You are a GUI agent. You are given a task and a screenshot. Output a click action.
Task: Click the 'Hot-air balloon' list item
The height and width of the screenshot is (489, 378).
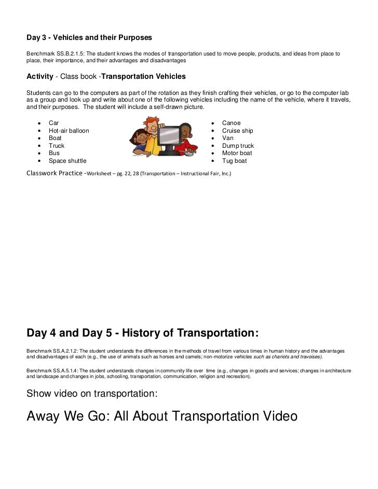point(69,131)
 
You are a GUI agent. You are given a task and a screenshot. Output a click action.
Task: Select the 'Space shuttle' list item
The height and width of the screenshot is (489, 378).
point(67,161)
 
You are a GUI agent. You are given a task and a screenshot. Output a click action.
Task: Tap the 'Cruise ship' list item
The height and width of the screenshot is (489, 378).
point(237,131)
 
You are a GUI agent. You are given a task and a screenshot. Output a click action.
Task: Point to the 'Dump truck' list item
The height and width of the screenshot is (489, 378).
point(238,146)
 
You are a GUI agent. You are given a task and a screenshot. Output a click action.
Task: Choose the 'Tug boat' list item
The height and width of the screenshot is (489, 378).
point(234,161)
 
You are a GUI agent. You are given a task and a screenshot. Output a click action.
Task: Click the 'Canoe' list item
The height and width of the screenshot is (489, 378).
point(231,123)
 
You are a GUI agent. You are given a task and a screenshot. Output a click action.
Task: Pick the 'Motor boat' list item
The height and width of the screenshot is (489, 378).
point(237,153)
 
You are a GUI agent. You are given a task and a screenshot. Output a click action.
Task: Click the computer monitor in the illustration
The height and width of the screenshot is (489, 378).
point(169,136)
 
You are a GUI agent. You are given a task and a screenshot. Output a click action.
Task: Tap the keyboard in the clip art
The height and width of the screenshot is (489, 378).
point(169,152)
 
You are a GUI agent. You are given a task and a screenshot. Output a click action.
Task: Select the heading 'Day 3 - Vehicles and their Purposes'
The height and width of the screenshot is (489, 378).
point(89,38)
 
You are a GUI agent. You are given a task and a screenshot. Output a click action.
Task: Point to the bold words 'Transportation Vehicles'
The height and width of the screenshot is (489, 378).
point(143,76)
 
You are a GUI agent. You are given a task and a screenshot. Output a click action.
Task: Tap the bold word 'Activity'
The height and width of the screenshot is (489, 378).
point(40,76)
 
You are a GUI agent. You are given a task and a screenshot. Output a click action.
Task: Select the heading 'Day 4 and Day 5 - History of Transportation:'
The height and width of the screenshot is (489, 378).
point(142,332)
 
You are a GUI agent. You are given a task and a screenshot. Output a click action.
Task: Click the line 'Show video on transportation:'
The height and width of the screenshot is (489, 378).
point(91,394)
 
